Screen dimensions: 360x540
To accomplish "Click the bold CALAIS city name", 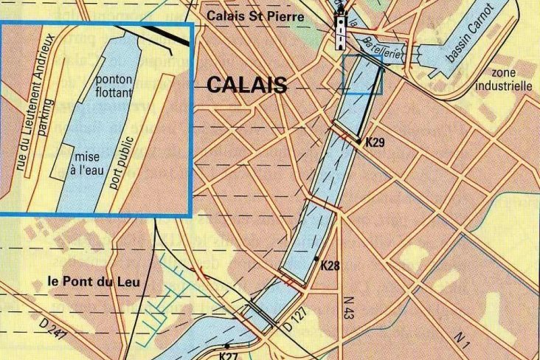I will point(247,85).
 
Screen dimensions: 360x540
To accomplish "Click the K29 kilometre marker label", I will point(374,142).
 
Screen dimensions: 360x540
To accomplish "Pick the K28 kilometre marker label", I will point(330,265).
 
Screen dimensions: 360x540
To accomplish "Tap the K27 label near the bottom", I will point(229,355).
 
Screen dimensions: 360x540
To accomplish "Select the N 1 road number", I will point(462,340).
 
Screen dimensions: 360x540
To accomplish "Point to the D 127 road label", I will point(294,322).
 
